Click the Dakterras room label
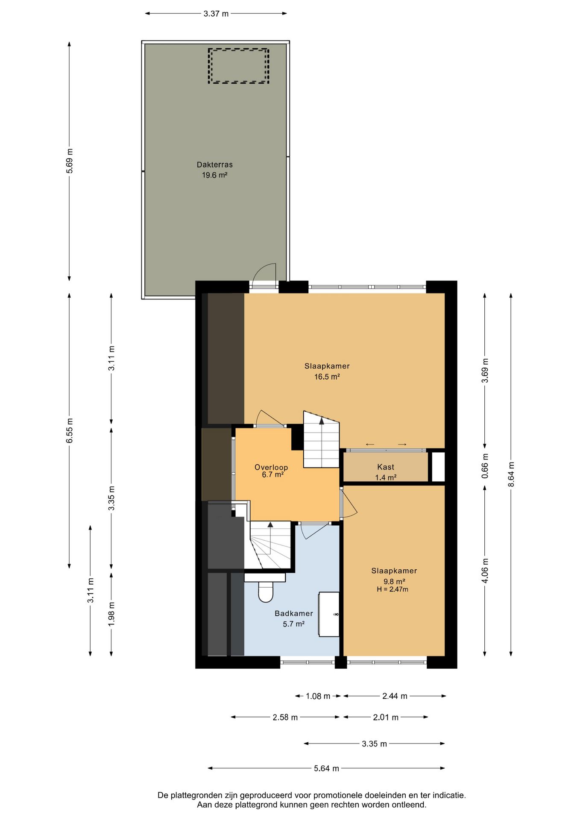(x=214, y=164)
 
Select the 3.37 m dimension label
(x=216, y=14)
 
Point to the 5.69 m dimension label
(x=70, y=160)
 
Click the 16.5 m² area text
(x=327, y=377)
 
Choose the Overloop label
(x=271, y=467)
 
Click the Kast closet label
(x=386, y=467)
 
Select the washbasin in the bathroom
(x=329, y=614)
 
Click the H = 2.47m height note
(x=393, y=589)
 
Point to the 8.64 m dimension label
(x=511, y=474)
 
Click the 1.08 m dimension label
(x=318, y=696)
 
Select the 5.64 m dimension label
(x=326, y=768)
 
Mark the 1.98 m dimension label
(x=111, y=614)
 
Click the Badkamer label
(x=294, y=613)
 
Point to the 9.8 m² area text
(x=394, y=581)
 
